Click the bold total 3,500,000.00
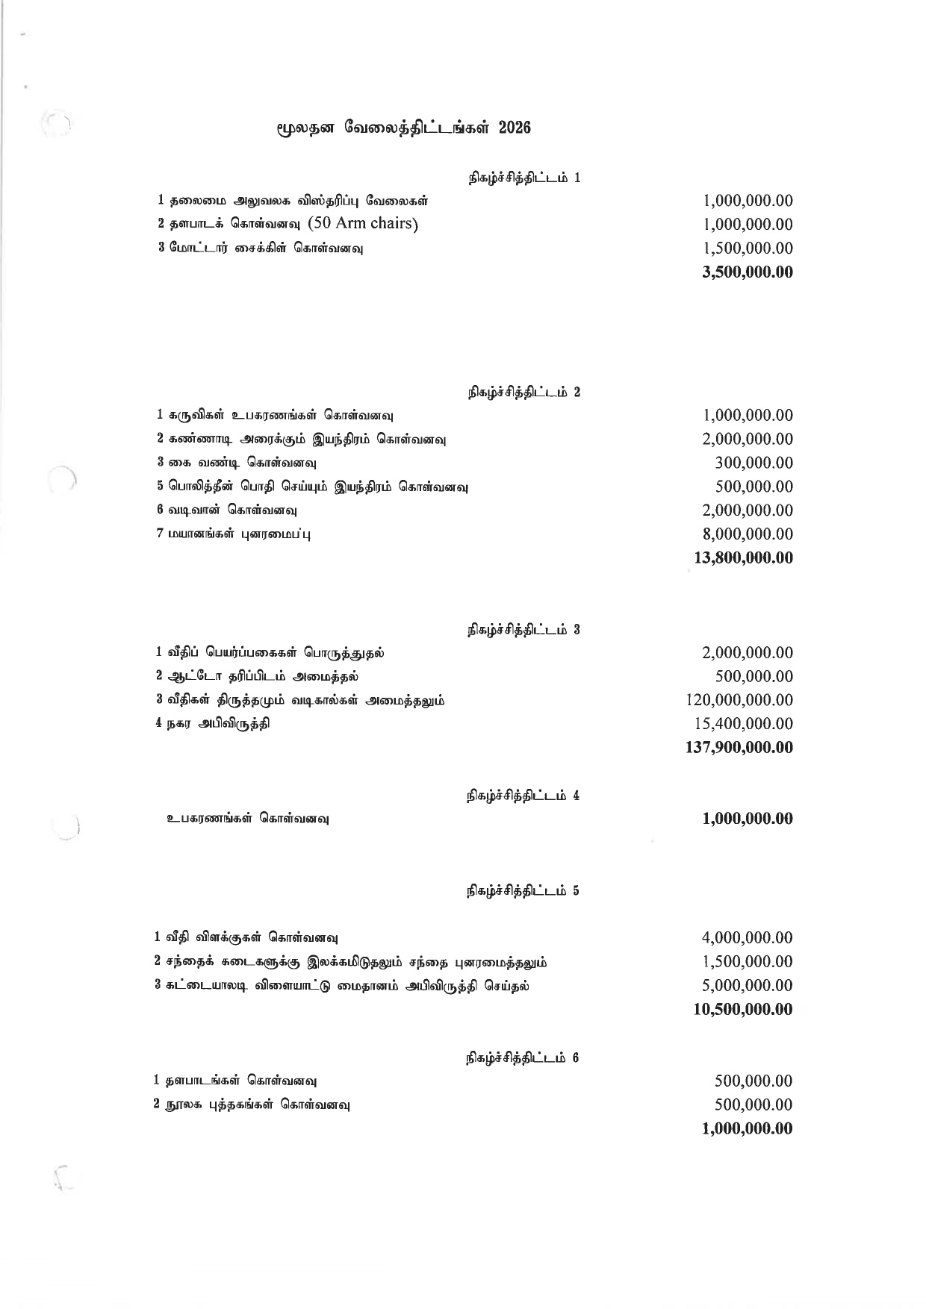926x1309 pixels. tap(747, 272)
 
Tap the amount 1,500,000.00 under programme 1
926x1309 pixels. tap(747, 248)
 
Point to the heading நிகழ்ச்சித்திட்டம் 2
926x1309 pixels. tap(523, 392)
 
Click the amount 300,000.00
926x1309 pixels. tap(753, 463)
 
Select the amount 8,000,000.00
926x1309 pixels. tap(747, 534)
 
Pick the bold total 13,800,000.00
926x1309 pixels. tap(743, 558)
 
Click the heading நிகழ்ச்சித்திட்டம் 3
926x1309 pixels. tap(523, 630)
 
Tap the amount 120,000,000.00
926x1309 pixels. tap(739, 700)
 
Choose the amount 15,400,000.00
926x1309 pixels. tap(743, 724)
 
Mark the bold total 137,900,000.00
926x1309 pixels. tap(739, 748)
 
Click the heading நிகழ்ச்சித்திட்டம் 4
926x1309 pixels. tap(523, 796)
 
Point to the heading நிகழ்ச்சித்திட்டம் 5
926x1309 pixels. tap(523, 891)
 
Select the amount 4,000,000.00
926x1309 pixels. tap(747, 938)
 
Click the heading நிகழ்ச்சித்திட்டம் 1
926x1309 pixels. tap(524, 178)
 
